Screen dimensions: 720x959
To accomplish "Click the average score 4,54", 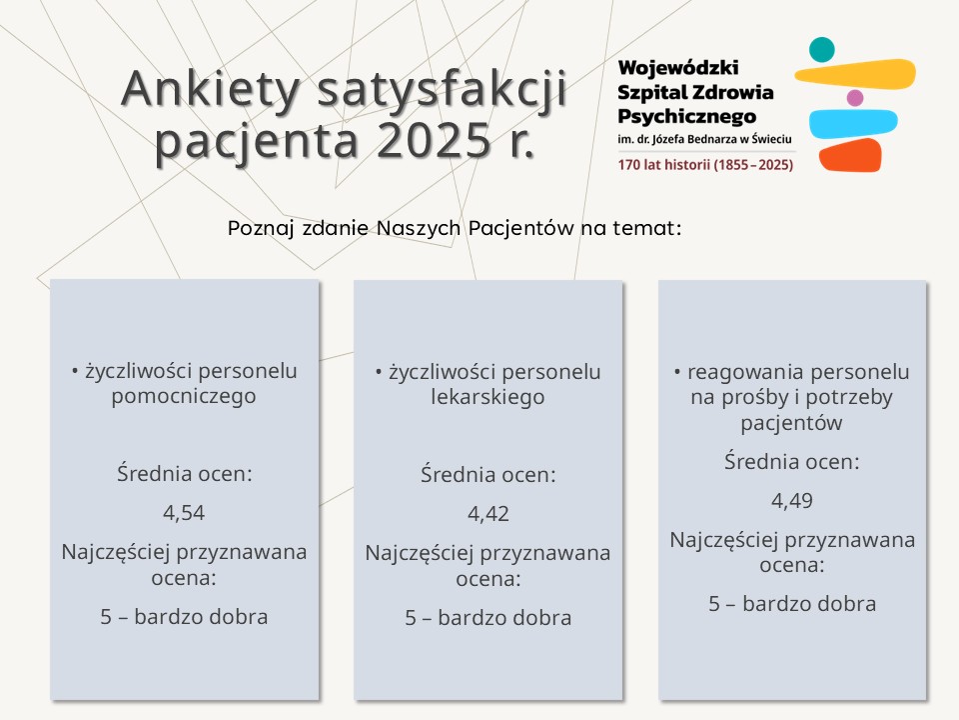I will [184, 513].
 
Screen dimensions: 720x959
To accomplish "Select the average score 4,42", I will [488, 514].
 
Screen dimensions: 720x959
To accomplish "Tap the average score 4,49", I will [792, 501].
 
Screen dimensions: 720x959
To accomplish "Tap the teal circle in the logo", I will [821, 49].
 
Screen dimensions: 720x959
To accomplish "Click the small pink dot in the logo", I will [855, 98].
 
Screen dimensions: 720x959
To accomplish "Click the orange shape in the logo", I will [851, 155].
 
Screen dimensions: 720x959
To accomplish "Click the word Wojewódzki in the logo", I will [678, 68].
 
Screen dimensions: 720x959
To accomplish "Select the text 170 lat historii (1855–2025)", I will [705, 164].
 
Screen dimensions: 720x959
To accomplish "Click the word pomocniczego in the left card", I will [184, 396].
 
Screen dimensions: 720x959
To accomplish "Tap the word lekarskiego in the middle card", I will [488, 397].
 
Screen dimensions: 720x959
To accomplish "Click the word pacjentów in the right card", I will [792, 423].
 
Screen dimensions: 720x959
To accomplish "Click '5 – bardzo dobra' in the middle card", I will [488, 618].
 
